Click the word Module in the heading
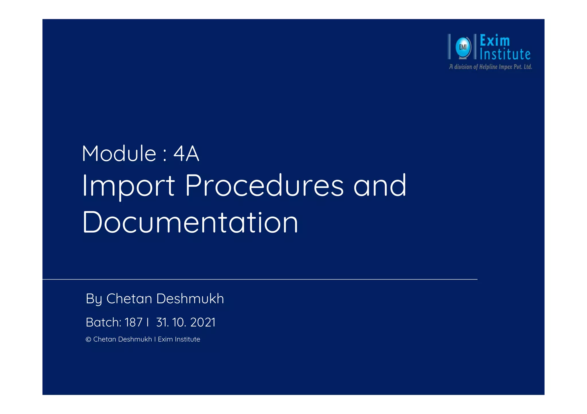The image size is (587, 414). (119, 154)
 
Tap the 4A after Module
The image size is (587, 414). (186, 154)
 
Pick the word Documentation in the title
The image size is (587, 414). (190, 222)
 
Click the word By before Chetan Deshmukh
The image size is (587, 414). (94, 299)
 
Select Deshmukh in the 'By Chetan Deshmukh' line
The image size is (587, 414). (190, 299)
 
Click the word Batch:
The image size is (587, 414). (103, 322)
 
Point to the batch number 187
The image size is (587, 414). (133, 322)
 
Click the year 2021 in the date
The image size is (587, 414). (203, 322)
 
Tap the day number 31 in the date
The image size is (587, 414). (162, 322)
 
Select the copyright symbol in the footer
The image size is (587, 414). (88, 339)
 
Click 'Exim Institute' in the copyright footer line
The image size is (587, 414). (179, 339)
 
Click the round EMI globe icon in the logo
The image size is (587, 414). (463, 47)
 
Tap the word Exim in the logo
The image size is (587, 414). (495, 41)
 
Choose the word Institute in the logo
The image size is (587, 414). (505, 54)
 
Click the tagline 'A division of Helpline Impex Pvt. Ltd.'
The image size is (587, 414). (490, 67)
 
